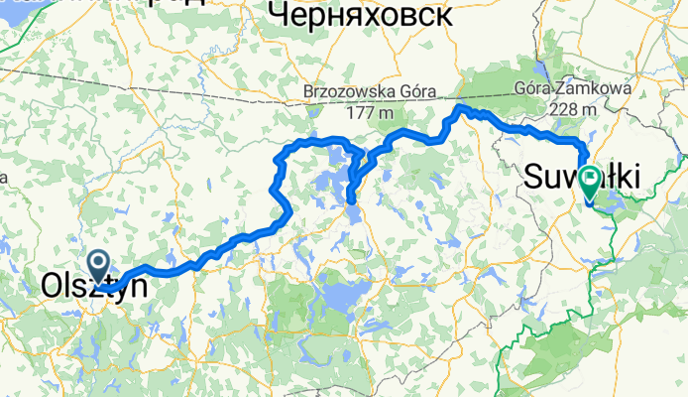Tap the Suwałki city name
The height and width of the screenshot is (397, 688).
(x=581, y=178)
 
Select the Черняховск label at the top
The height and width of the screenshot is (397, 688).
(x=360, y=15)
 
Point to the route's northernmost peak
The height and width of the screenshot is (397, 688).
(x=460, y=105)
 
